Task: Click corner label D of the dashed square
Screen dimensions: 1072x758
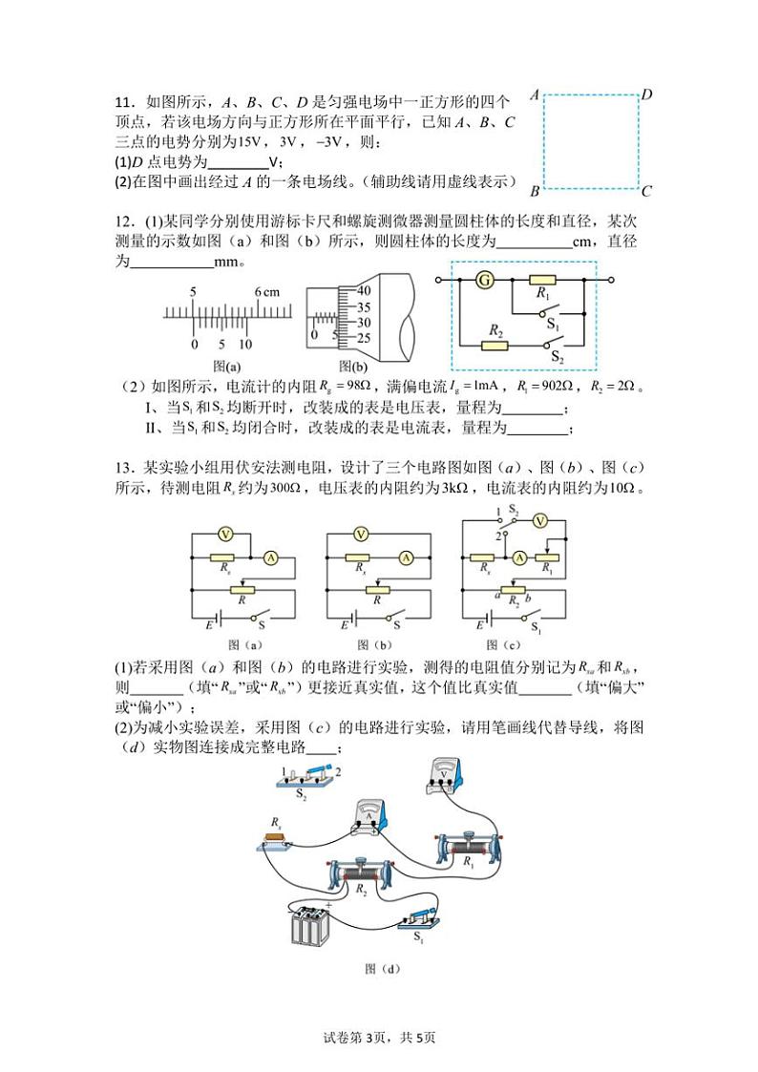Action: pos(646,94)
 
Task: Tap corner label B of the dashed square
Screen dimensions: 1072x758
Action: pos(535,191)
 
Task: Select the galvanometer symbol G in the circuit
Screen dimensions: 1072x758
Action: pos(486,280)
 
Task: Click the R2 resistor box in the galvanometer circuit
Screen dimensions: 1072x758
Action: pos(495,344)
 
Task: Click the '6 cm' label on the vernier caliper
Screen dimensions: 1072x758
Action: pos(265,290)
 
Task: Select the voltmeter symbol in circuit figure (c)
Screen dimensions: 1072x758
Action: pos(539,520)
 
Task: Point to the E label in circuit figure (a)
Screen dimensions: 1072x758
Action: pos(209,624)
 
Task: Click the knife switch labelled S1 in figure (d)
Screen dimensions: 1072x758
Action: pos(419,916)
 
